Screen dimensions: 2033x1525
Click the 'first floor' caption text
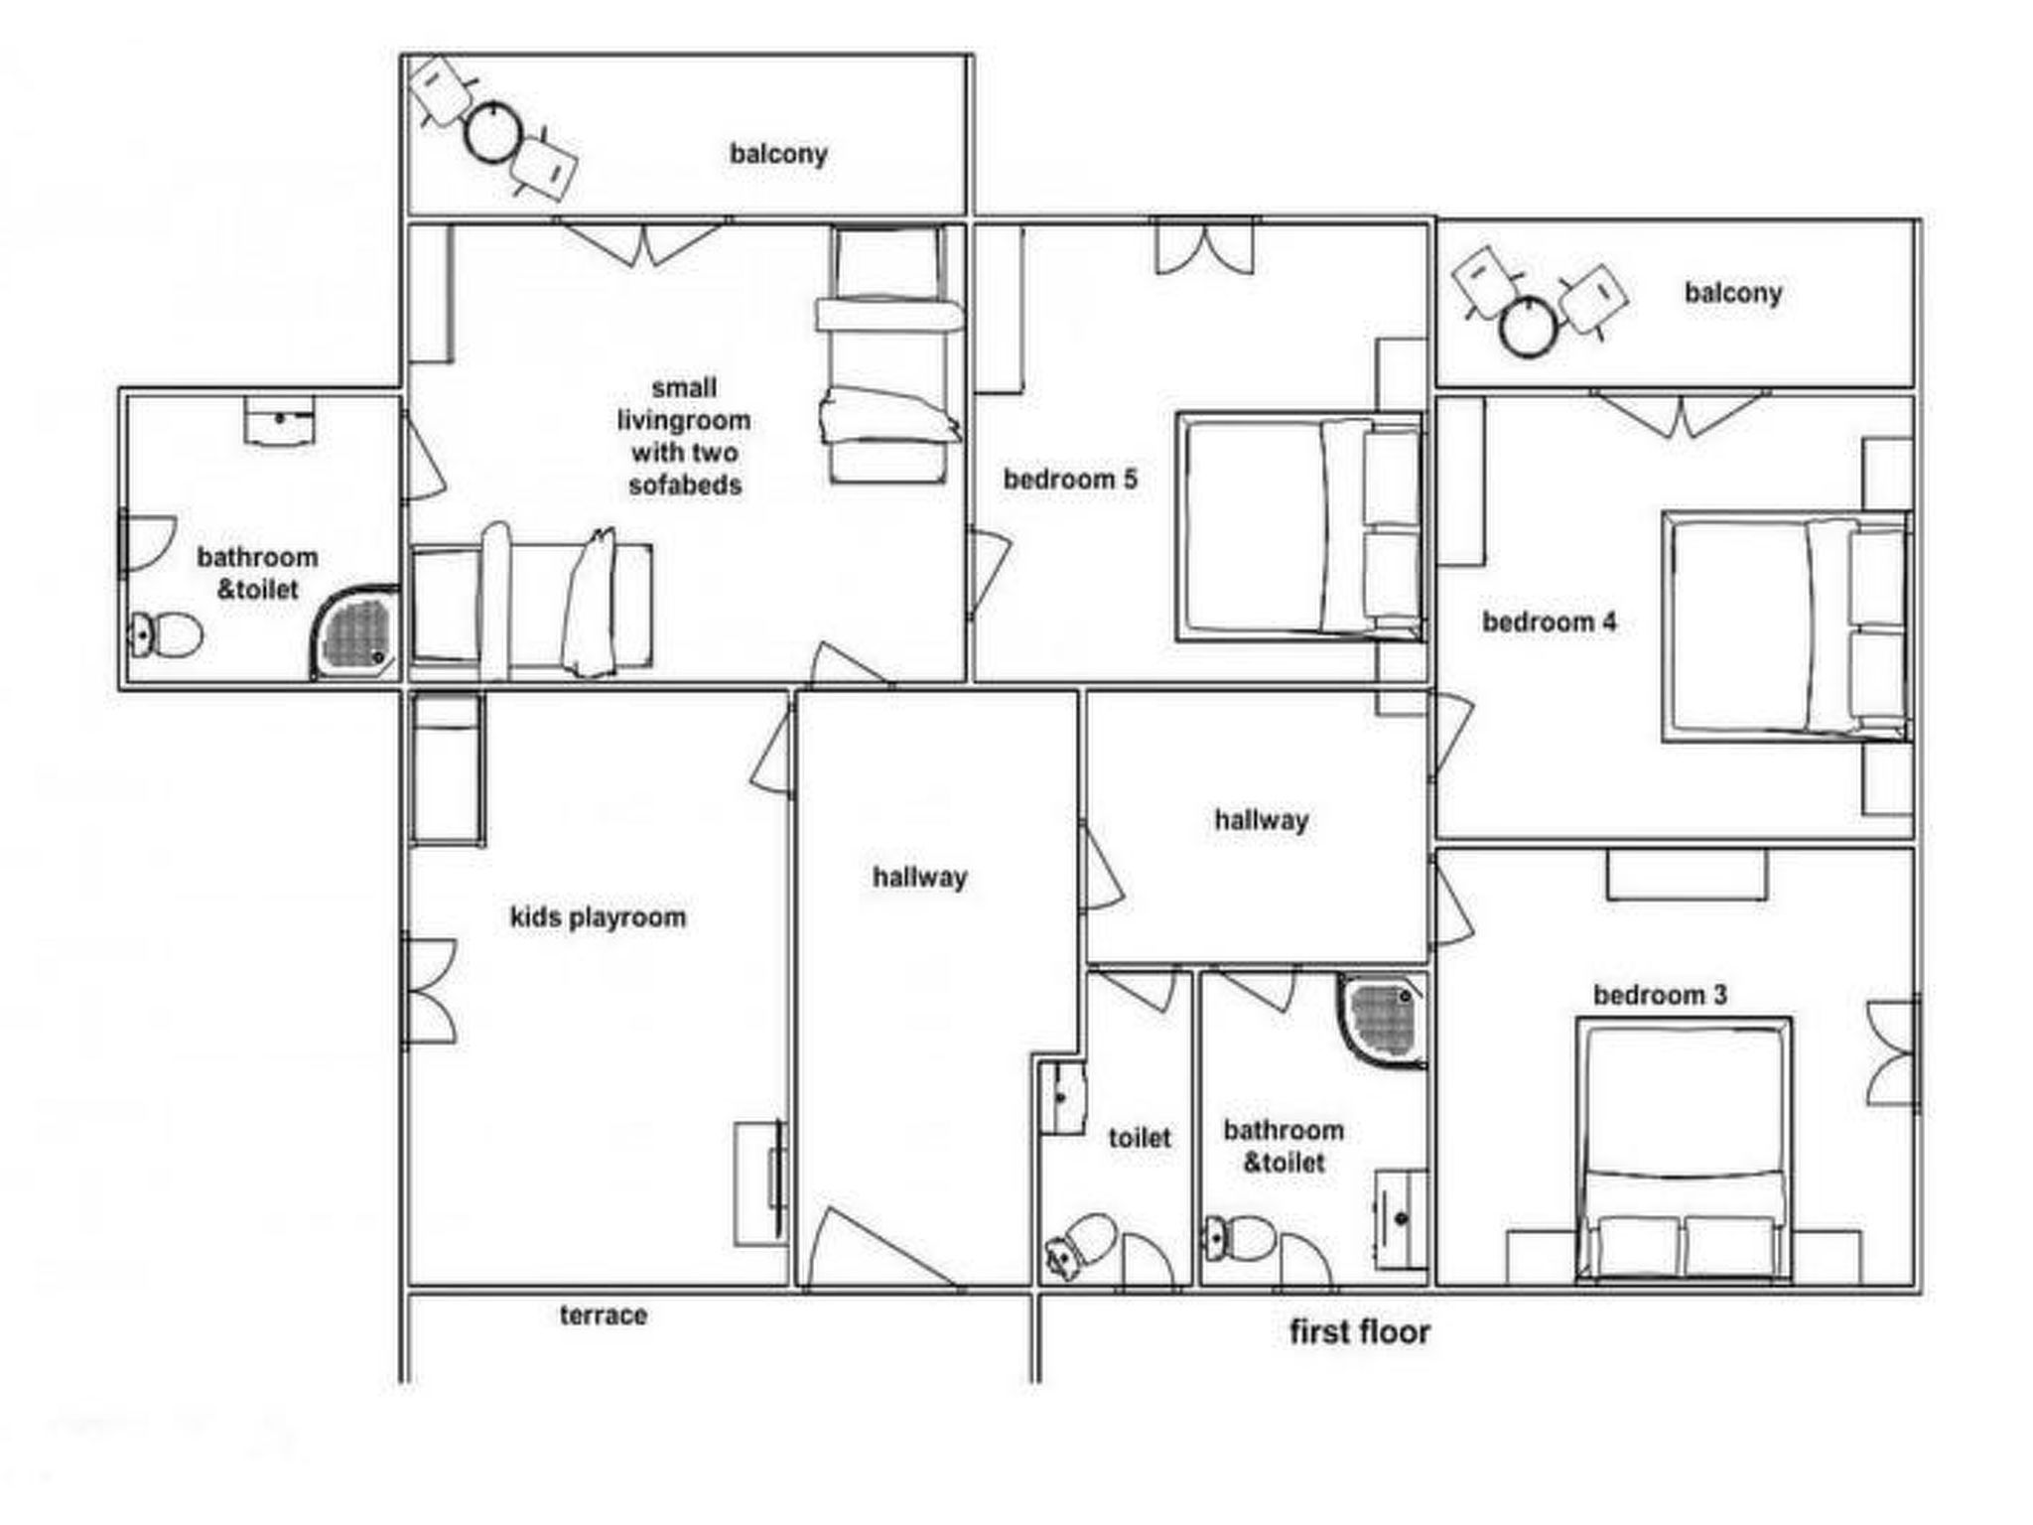tap(1360, 1331)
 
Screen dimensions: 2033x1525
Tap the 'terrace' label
tap(604, 1316)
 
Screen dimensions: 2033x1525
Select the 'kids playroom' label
tap(598, 917)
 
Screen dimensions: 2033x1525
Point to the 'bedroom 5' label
tap(1070, 480)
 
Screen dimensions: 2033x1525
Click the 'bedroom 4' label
tap(1549, 623)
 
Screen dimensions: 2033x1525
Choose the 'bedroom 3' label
tap(1660, 995)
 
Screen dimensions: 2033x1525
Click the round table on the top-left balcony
tap(493, 132)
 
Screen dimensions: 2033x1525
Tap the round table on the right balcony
tap(1528, 327)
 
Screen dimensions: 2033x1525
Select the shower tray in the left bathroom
tap(355, 632)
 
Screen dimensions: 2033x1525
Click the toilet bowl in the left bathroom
tap(166, 634)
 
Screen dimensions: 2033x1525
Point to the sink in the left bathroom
tap(280, 421)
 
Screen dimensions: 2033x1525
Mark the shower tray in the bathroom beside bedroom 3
tap(1382, 1022)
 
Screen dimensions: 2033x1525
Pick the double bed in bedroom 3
tap(1685, 1150)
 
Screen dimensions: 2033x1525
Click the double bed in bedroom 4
tap(1787, 626)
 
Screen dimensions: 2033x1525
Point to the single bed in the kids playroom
tap(448, 769)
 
